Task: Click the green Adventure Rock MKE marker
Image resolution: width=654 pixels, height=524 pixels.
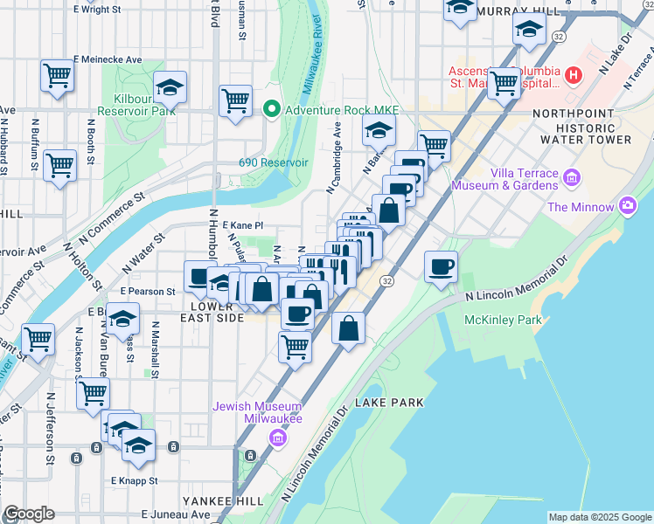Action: point(271,109)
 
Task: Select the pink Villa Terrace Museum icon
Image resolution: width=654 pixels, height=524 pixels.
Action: point(573,179)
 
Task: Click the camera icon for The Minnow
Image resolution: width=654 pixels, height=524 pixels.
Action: point(627,207)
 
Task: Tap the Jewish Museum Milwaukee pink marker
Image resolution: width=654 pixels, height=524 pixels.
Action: point(278,437)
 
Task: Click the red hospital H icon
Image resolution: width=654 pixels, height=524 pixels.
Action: point(574,75)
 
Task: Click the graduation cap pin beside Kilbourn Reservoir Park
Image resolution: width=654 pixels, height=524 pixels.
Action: point(170,86)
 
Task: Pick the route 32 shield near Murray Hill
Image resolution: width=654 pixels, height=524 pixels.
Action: point(558,36)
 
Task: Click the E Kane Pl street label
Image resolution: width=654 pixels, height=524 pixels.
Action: point(242,225)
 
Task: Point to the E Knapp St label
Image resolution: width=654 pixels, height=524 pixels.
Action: point(134,480)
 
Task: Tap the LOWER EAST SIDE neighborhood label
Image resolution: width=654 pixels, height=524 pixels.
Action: point(212,313)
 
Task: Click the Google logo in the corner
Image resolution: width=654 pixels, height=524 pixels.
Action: point(29,514)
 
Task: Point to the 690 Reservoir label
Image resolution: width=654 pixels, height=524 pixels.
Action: point(273,163)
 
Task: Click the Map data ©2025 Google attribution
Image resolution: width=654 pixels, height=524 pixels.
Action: point(600,517)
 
